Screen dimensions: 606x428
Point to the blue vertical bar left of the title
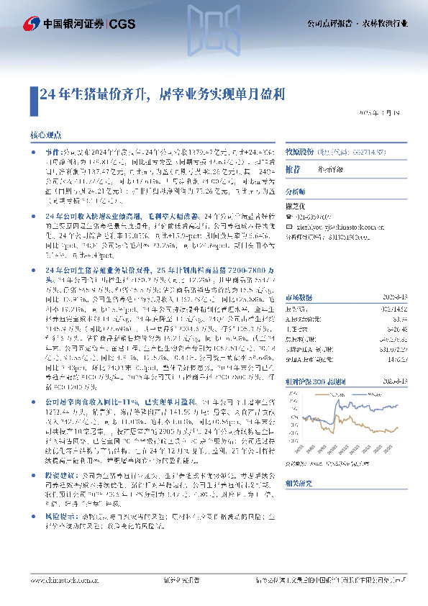[33, 94]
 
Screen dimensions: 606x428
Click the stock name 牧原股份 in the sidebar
[300, 153]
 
